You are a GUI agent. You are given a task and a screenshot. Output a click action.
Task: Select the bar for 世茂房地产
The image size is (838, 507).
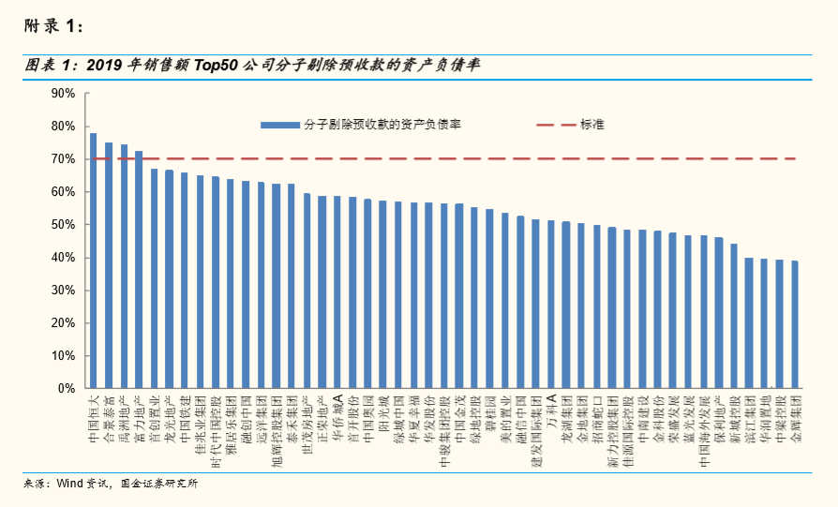[307, 291]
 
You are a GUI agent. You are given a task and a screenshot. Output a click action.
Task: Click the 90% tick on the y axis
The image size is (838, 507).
[63, 94]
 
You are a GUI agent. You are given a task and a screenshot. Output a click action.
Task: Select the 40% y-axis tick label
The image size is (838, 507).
[63, 258]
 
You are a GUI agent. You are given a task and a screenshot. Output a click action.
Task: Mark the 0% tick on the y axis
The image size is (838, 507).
[67, 388]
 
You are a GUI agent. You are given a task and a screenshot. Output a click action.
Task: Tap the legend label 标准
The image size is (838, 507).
[592, 124]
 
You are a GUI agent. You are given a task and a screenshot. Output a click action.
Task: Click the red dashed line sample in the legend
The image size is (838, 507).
[555, 124]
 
